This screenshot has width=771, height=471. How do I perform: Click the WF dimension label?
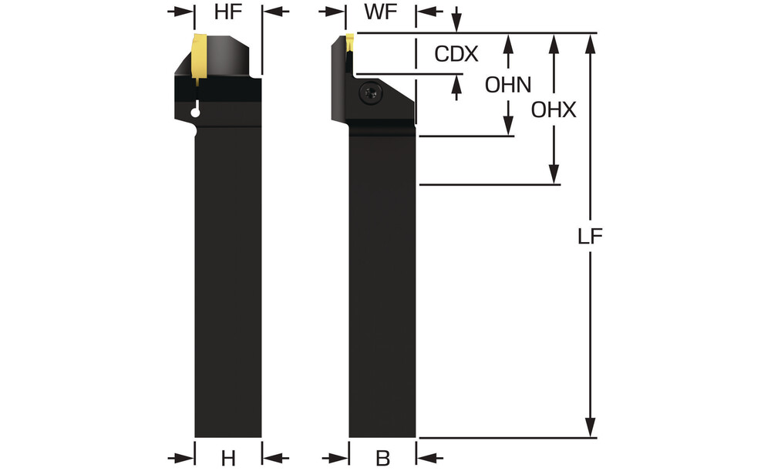click(x=382, y=12)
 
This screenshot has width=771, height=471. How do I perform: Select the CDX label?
click(x=456, y=55)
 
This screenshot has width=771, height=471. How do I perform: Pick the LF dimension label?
click(x=591, y=237)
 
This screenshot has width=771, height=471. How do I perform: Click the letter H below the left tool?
click(x=228, y=459)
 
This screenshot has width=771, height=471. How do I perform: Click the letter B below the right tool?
click(x=382, y=459)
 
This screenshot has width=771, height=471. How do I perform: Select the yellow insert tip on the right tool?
click(x=348, y=42)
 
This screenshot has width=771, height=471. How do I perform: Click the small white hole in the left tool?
click(x=196, y=113)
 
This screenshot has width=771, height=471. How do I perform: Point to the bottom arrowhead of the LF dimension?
click(x=591, y=428)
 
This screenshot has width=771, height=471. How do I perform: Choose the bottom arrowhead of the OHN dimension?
click(x=508, y=127)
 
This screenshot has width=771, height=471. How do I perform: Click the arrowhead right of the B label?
click(x=426, y=457)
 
